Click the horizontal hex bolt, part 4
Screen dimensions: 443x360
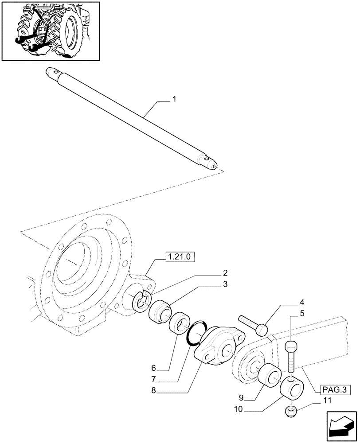coord(253,324)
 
